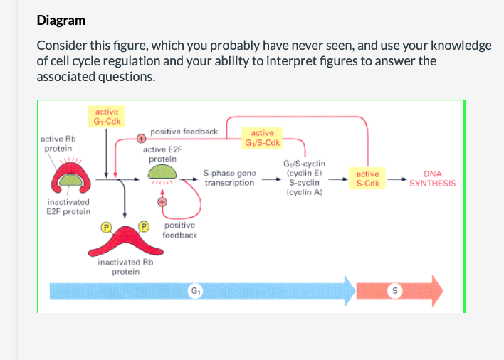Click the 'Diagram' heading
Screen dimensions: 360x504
pos(61,21)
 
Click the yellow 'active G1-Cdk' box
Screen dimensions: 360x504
pos(106,116)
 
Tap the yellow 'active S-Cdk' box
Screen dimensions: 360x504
pos(368,179)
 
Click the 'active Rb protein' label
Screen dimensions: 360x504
pos(58,143)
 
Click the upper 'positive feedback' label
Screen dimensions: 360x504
pos(184,132)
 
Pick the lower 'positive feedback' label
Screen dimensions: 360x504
pos(179,231)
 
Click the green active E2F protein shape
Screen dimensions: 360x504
pos(162,172)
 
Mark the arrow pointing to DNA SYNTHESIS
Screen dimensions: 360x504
pos(400,179)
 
